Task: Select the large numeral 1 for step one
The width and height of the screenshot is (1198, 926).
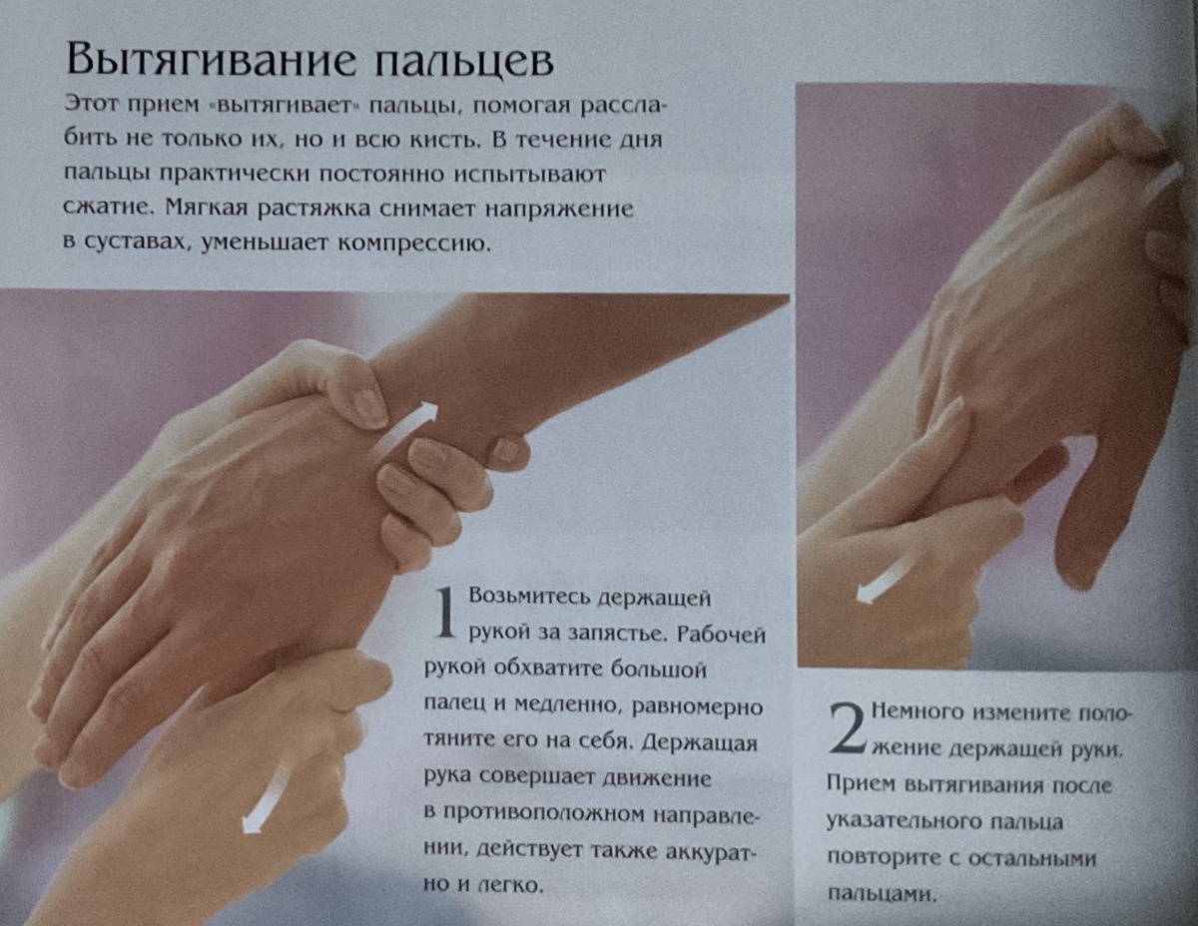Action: pos(444,613)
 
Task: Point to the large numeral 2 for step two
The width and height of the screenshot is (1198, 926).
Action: pos(849,728)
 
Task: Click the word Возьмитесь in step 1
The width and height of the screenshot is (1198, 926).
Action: pos(529,597)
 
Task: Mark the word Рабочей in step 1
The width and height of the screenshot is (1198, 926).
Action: pos(721,635)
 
